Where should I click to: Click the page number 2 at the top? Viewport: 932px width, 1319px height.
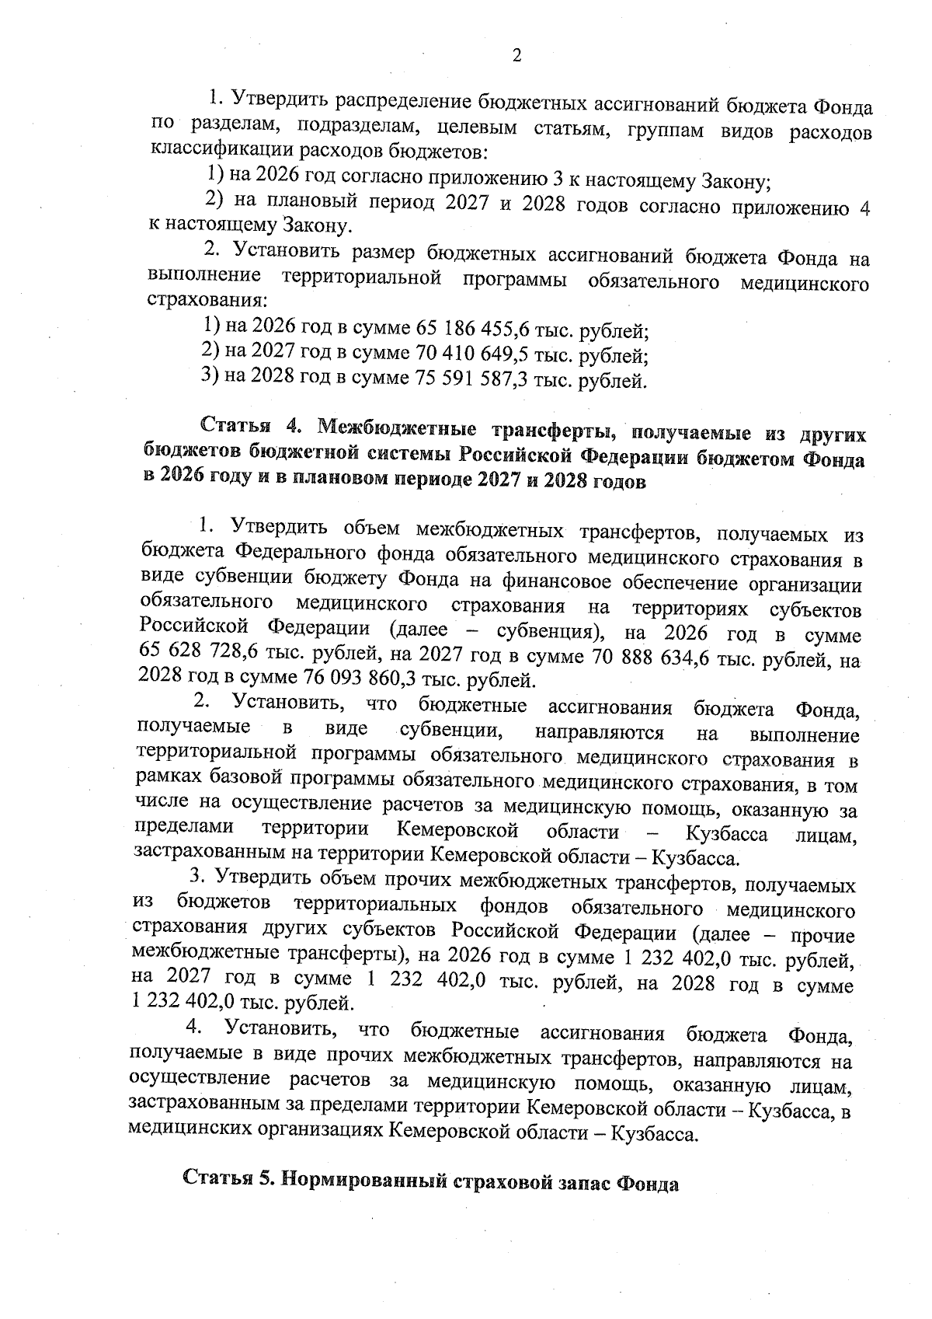(x=516, y=55)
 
